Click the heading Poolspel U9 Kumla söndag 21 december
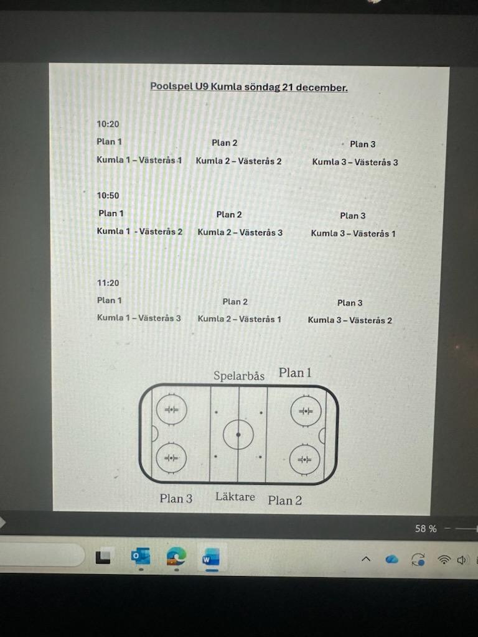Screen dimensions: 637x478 (249, 87)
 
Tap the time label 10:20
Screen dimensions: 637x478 (108, 124)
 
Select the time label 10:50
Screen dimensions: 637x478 (108, 195)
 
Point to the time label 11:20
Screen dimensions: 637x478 (108, 283)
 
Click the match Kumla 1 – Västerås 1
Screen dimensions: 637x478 (139, 160)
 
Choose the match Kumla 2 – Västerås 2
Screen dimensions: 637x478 (239, 161)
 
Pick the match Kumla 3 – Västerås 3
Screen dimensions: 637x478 (355, 162)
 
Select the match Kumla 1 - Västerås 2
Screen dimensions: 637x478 (139, 231)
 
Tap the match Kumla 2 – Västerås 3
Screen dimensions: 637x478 (240, 232)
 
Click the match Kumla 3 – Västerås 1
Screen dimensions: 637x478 (353, 234)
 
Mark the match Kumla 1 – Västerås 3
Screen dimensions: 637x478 (139, 318)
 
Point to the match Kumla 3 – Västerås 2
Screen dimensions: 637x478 (350, 320)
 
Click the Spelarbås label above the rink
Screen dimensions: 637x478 (239, 376)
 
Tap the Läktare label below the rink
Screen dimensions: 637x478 (235, 496)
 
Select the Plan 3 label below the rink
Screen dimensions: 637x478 (176, 498)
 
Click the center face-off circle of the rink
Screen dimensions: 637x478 (238, 434)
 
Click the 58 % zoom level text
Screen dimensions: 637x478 (426, 529)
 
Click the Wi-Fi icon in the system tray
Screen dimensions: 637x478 (444, 559)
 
